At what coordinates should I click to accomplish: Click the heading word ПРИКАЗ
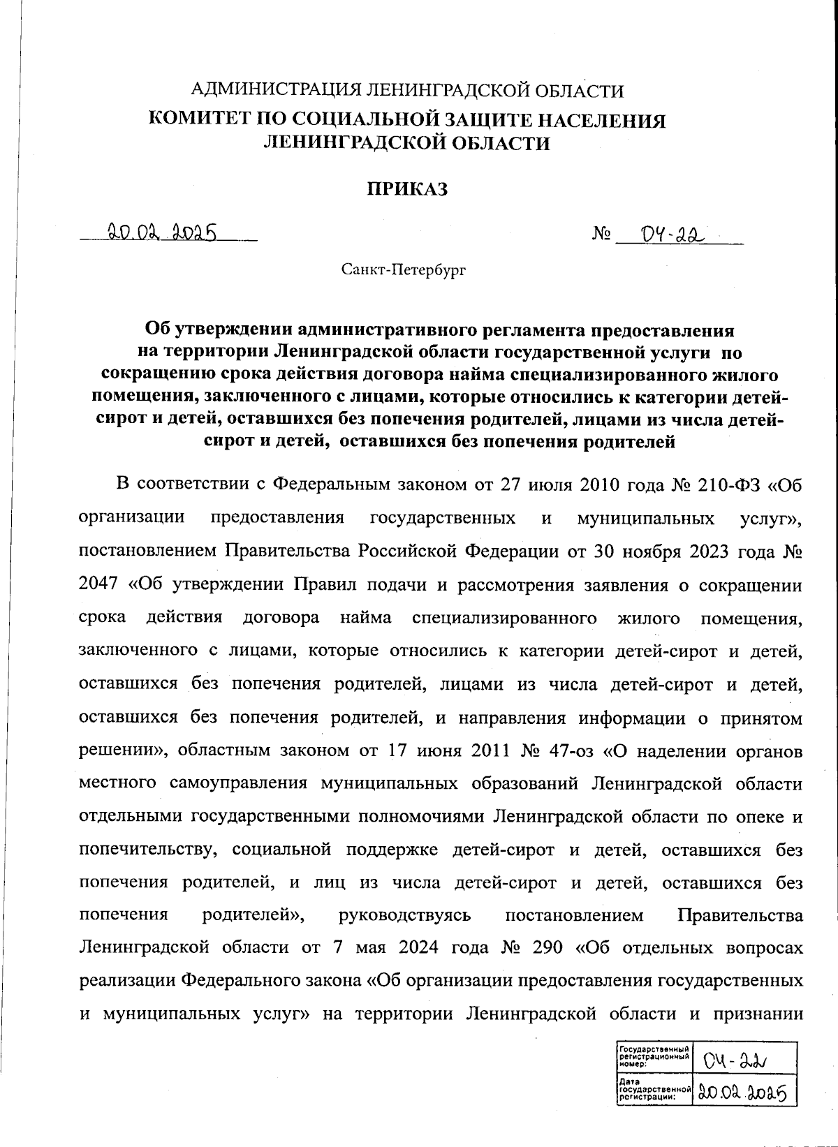[x=406, y=188]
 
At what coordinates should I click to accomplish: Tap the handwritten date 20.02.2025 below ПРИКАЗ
[x=161, y=231]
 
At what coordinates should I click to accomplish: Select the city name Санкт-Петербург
[x=403, y=269]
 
